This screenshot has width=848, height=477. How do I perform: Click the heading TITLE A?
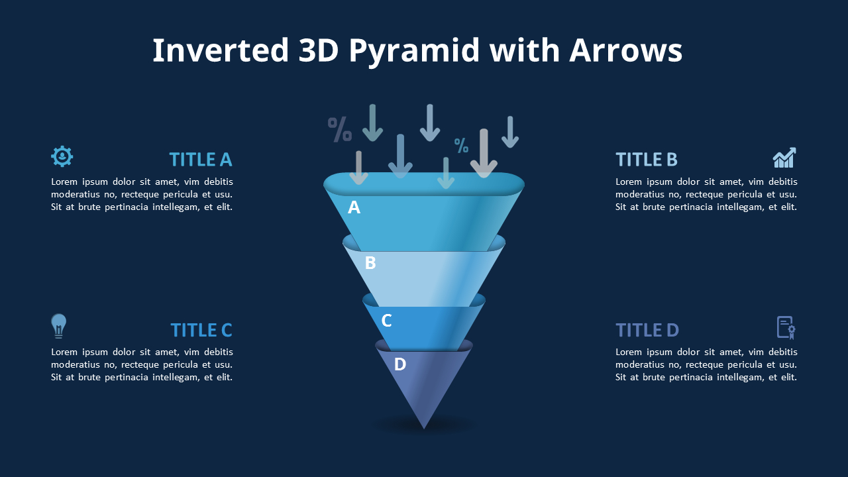point(200,160)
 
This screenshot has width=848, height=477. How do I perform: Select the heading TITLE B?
point(647,160)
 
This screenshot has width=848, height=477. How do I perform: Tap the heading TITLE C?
point(201,331)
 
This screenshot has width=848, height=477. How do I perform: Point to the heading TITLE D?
point(647,331)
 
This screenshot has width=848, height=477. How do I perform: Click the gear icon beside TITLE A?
point(62,156)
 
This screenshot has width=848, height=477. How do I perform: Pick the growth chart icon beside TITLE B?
point(784,158)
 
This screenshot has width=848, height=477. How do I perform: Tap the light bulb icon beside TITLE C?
point(59,326)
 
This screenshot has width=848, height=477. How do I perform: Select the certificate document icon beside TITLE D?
point(786,327)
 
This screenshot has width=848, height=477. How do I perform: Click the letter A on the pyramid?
point(354,208)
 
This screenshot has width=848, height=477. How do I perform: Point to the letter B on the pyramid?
point(370,264)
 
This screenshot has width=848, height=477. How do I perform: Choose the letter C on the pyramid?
point(387,321)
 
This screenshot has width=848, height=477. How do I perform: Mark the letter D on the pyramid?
point(400,364)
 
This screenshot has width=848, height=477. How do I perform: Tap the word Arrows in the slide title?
point(625,51)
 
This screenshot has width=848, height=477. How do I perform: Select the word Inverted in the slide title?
point(221,51)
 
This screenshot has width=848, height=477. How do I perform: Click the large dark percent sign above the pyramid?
point(340,129)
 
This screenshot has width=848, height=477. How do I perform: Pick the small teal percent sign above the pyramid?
point(461,145)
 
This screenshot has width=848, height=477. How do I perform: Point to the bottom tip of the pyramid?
point(424,427)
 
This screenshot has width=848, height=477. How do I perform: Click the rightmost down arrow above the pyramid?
point(509,132)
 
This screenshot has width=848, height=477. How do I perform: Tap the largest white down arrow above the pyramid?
point(484,154)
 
